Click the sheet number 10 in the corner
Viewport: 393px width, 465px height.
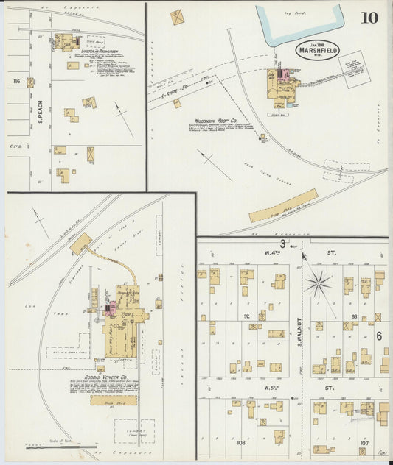(x=369, y=18)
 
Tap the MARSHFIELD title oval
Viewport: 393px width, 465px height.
(x=319, y=50)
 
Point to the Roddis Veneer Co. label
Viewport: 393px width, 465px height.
(x=117, y=377)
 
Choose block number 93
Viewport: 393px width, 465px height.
(x=355, y=317)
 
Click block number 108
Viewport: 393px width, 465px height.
(x=240, y=443)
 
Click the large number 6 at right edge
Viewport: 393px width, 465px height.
(x=378, y=336)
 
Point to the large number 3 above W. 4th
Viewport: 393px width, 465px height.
(x=282, y=244)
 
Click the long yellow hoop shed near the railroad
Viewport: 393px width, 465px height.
(x=283, y=206)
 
